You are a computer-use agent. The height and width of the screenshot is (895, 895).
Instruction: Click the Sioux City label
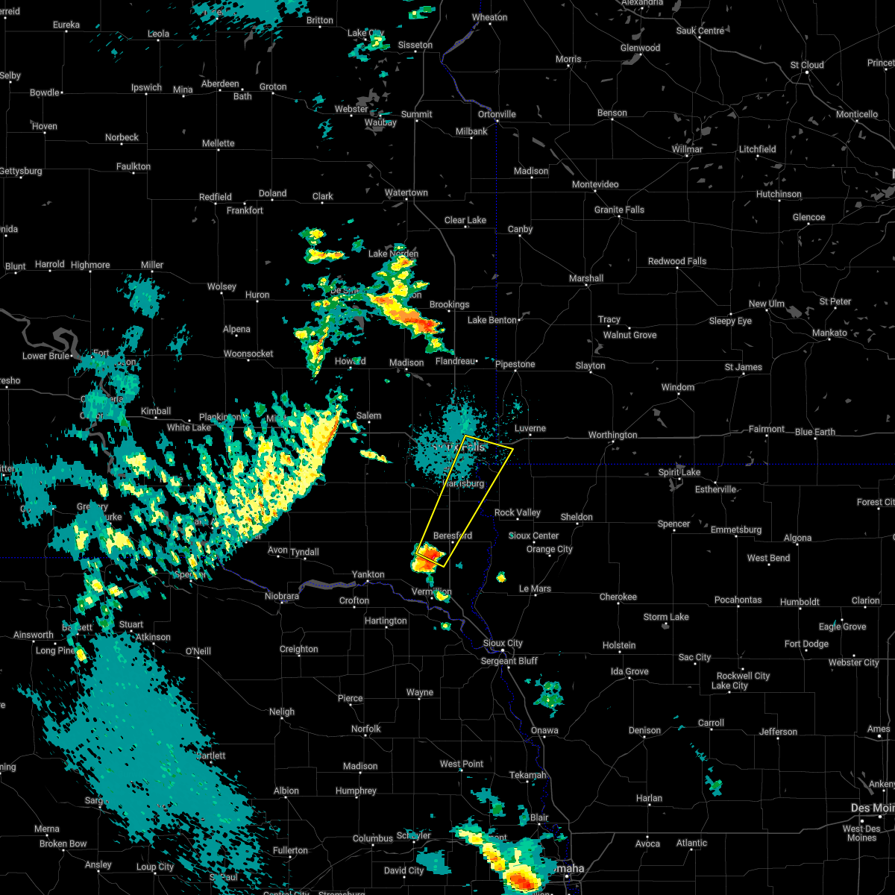(503, 643)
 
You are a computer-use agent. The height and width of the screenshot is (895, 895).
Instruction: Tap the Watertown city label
(406, 193)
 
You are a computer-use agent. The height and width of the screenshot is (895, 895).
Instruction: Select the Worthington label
(612, 435)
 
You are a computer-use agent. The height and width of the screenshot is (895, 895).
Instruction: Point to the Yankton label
(368, 574)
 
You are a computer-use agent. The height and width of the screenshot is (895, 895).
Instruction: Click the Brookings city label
(449, 304)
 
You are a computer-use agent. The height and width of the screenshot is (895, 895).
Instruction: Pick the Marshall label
(585, 278)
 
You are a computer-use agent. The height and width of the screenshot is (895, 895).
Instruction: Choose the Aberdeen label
(219, 84)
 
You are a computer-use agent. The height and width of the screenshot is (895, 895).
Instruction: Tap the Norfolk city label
(365, 729)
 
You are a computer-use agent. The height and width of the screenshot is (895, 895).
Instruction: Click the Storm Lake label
(666, 617)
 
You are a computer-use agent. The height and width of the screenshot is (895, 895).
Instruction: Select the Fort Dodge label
(806, 644)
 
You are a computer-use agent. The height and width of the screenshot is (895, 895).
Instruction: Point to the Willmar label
(687, 149)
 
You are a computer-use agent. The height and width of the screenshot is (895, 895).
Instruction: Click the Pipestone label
(515, 364)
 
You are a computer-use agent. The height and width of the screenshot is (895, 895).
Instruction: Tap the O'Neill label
(198, 651)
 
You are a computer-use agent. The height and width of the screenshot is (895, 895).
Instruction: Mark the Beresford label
(453, 536)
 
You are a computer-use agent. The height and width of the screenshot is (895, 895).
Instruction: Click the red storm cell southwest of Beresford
(429, 555)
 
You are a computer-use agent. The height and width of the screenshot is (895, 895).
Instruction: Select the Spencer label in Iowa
(673, 524)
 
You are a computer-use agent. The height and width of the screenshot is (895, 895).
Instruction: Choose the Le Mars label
(535, 588)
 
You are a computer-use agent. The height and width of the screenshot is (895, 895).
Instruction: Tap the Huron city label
(257, 295)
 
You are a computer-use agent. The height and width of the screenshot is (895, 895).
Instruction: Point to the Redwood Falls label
(676, 261)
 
